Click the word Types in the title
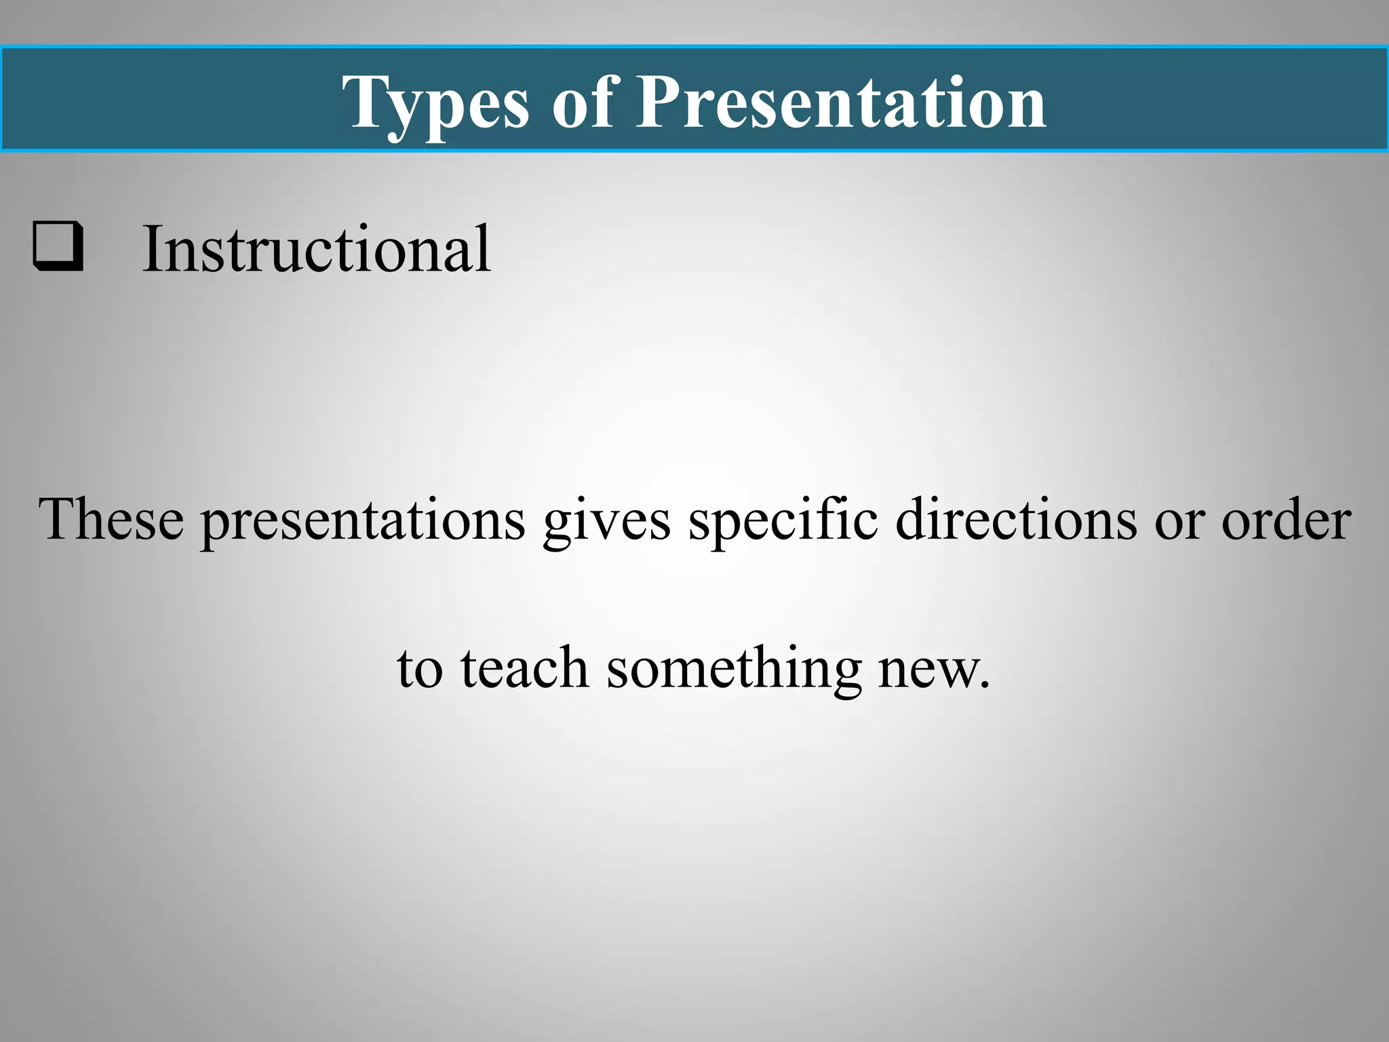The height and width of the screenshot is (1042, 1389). click(x=435, y=103)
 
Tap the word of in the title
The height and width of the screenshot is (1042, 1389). click(x=583, y=103)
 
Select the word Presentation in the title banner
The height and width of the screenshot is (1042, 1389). click(x=840, y=103)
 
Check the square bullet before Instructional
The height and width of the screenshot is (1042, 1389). click(x=58, y=247)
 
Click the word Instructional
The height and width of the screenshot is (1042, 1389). click(x=317, y=250)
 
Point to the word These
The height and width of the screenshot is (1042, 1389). click(x=111, y=520)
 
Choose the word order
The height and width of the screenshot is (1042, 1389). click(x=1286, y=520)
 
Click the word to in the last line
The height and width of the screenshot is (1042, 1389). click(x=420, y=669)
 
